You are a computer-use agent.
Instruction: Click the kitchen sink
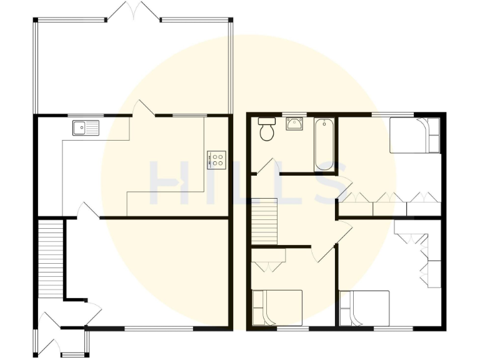tap(86, 128)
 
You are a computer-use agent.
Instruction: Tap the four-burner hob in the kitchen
tap(216, 159)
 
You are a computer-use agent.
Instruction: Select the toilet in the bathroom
tap(267, 129)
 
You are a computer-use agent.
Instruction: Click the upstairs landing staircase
tap(264, 222)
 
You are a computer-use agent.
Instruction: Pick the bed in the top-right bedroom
tap(415, 136)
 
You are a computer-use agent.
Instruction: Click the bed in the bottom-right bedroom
tap(364, 308)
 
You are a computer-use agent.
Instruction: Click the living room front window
tap(159, 328)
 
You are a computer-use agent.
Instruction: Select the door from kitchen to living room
tap(88, 211)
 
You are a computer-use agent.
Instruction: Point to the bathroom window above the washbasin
tap(294, 114)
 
